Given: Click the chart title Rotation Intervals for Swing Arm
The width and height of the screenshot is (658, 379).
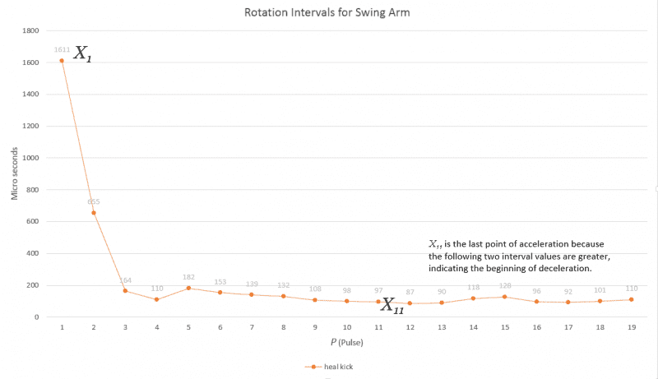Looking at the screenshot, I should tap(328, 12).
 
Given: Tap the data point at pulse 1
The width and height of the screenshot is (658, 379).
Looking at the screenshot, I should tap(62, 61).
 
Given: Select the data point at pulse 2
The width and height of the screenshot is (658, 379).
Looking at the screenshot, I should tap(94, 213).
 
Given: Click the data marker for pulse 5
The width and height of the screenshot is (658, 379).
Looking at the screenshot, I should tap(188, 288).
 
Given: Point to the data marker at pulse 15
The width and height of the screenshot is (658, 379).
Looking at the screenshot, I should tap(505, 297).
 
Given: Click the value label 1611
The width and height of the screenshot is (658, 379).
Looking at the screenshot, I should tap(62, 49).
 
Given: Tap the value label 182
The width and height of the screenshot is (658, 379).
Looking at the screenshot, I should tap(188, 277).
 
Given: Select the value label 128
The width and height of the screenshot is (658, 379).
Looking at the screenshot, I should tap(505, 286).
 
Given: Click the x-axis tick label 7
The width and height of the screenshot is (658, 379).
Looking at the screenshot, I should tap(252, 326).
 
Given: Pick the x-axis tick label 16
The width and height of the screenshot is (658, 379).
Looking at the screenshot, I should tap(536, 326).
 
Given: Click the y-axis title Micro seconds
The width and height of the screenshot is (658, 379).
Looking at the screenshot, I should tap(14, 174).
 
